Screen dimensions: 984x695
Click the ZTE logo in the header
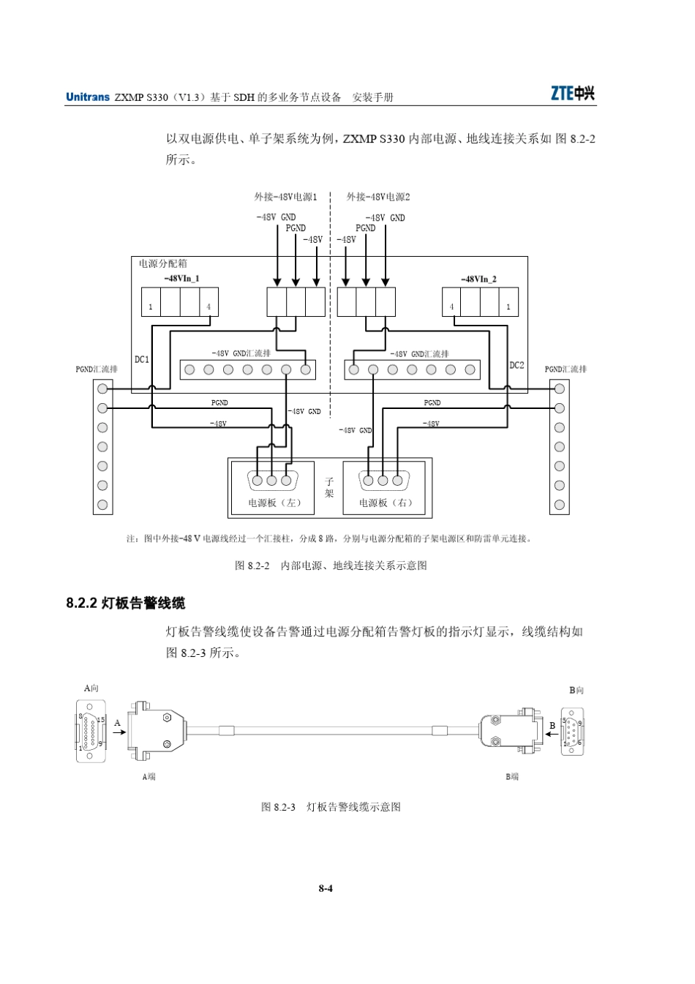coord(572,94)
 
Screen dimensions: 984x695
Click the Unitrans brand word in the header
coord(88,97)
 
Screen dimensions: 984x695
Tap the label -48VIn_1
coord(181,279)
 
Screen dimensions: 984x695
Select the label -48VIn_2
coord(479,279)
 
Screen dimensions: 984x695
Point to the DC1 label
coord(142,359)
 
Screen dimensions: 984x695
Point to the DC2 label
coord(516,364)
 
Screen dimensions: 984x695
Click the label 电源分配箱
coord(162,263)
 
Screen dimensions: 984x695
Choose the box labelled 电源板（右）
coord(386,503)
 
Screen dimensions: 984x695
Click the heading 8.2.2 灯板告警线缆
coord(125,603)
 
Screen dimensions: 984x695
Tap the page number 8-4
coord(326,889)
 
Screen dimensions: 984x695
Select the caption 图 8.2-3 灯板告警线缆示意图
coord(331,807)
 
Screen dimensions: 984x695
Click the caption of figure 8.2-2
coord(331,565)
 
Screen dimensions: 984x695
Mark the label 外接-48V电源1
coord(285,197)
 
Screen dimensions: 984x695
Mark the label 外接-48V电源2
coord(378,197)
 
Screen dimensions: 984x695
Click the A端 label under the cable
coord(149,776)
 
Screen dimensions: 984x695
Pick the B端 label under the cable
coord(512,776)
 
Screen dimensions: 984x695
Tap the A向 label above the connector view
coord(91,688)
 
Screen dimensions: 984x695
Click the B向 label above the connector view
coord(576,690)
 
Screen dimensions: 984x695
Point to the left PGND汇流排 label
coord(97,369)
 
